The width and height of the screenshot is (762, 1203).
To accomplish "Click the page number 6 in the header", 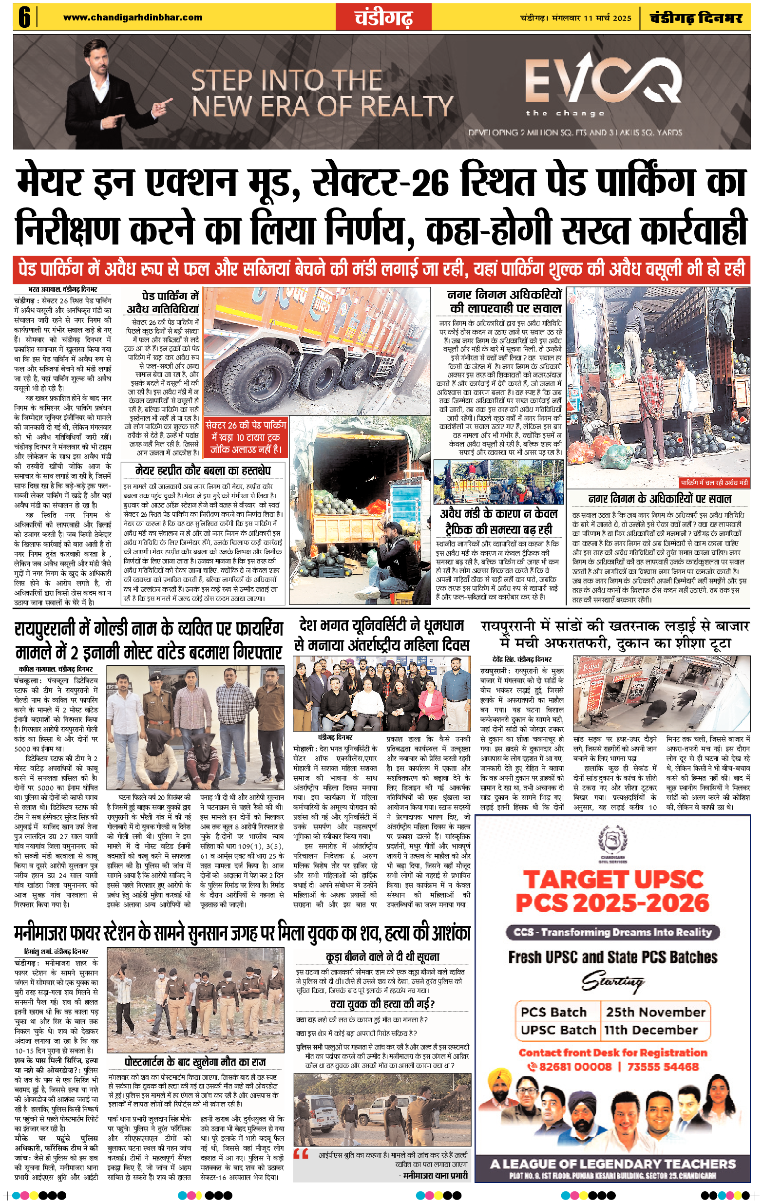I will pyautogui.click(x=24, y=18).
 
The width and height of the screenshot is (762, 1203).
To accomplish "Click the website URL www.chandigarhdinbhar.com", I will pyautogui.click(x=133, y=18).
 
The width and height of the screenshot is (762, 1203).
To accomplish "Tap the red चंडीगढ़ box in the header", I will pyautogui.click(x=384, y=18).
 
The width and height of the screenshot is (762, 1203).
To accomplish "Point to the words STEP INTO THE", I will pyautogui.click(x=287, y=80).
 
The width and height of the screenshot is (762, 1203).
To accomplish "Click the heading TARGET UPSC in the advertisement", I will pyautogui.click(x=612, y=880).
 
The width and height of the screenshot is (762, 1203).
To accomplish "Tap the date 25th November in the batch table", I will pyautogui.click(x=656, y=1012).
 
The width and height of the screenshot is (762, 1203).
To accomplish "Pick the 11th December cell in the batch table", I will pyautogui.click(x=650, y=1030).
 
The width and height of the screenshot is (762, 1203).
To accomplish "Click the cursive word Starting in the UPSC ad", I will pyautogui.click(x=612, y=982).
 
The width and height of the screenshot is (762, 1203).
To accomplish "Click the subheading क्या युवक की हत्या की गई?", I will pyautogui.click(x=382, y=1004).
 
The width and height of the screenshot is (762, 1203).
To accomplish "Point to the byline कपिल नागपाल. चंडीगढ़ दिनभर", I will pyautogui.click(x=56, y=669).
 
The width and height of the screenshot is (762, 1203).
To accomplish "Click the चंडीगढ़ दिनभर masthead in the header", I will pyautogui.click(x=696, y=18).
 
